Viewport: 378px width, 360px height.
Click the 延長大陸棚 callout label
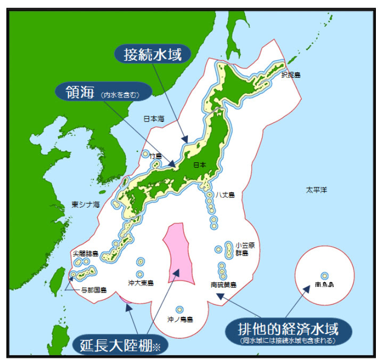tap(117, 345)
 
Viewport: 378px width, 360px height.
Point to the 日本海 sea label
tap(153, 119)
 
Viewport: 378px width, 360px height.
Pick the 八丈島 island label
tap(225, 195)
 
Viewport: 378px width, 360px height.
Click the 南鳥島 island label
tap(324, 285)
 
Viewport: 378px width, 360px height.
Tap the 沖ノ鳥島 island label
tap(180, 320)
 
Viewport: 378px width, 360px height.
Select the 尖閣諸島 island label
tap(85, 253)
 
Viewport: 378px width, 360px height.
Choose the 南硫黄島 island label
tap(224, 285)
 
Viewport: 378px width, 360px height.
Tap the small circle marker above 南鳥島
tap(324, 275)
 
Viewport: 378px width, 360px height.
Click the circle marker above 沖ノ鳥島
tap(179, 309)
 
